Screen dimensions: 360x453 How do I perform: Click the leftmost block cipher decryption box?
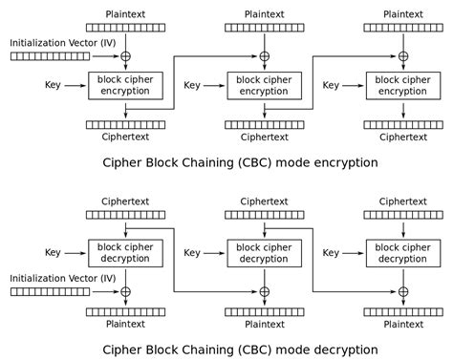125,253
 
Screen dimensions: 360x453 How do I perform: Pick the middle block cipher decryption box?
264,253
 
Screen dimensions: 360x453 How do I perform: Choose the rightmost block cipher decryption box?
403,253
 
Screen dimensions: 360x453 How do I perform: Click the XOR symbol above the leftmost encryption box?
125,56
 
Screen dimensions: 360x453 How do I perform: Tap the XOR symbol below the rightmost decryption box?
403,290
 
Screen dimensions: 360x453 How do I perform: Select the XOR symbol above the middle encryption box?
264,56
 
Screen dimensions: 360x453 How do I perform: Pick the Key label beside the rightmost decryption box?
332,253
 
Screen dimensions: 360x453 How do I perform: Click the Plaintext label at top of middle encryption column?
264,14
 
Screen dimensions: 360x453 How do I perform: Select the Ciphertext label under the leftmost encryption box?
125,137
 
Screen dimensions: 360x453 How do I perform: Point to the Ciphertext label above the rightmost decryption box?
403,202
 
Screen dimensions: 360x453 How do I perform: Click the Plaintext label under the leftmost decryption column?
125,324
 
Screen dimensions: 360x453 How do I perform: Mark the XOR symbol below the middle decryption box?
264,290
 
